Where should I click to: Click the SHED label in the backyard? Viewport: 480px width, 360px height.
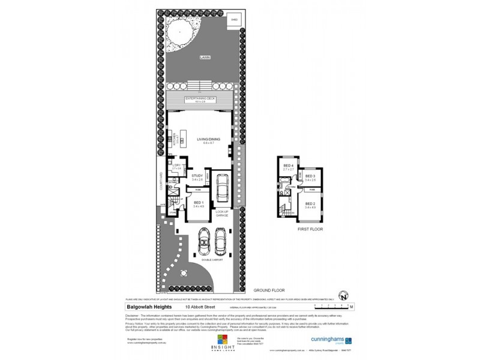235,20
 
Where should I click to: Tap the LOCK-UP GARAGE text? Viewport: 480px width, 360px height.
222,215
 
